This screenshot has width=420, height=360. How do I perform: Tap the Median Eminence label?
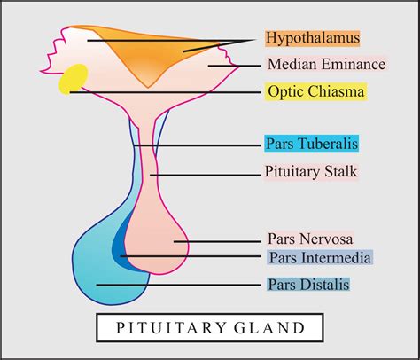point(325,65)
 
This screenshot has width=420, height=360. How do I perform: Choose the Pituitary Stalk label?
point(310,171)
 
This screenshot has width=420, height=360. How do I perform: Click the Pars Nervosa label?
point(310,239)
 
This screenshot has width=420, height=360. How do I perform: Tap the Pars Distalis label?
point(308,285)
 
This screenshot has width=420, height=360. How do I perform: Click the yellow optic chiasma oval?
point(73,78)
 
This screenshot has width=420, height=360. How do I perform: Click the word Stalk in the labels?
point(338,171)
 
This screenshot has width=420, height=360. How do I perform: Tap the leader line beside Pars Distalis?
point(177,285)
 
